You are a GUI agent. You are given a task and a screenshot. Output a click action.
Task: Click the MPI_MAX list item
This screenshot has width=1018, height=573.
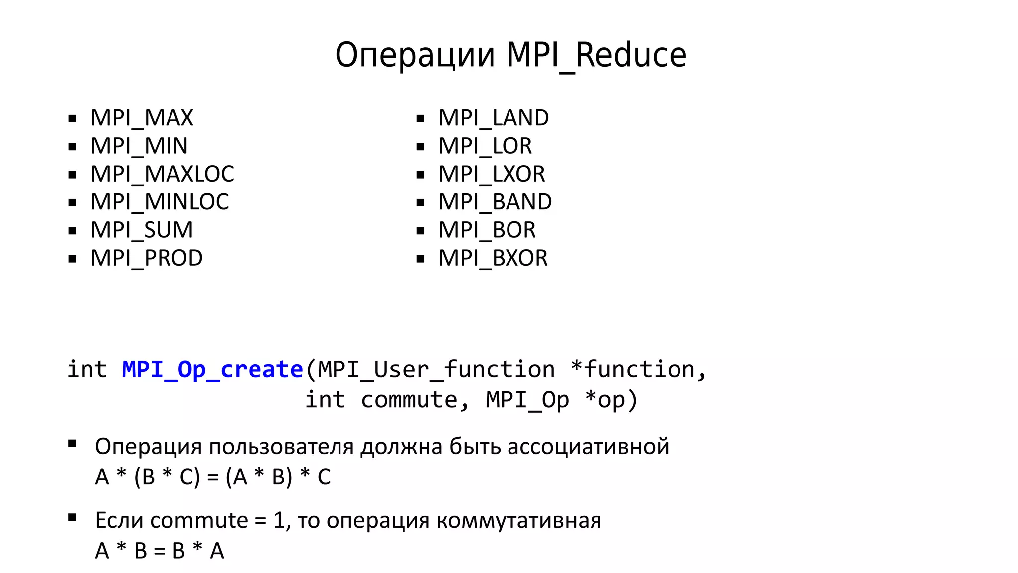pyautogui.click(x=142, y=118)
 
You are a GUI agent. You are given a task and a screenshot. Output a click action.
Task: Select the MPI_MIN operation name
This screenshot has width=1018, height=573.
pyautogui.click(x=139, y=146)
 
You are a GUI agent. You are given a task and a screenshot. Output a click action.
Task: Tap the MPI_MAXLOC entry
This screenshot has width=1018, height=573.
pyautogui.click(x=162, y=174)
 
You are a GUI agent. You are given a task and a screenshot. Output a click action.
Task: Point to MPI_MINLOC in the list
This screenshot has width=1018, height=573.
pyautogui.click(x=160, y=202)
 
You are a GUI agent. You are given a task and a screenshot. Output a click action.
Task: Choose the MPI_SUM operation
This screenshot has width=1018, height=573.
pyautogui.click(x=142, y=230)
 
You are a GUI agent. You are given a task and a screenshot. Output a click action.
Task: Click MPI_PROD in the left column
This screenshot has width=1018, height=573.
pyautogui.click(x=147, y=258)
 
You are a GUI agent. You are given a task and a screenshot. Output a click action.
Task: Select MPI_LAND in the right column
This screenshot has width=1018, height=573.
pyautogui.click(x=494, y=118)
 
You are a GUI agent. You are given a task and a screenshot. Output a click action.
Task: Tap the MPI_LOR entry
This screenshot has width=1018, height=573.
pyautogui.click(x=485, y=146)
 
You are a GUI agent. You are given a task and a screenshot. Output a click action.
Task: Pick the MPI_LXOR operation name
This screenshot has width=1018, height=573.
pyautogui.click(x=492, y=174)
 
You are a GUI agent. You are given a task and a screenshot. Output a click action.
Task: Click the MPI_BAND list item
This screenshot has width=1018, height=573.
pyautogui.click(x=495, y=202)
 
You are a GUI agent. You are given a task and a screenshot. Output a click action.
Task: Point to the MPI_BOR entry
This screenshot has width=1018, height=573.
pyautogui.click(x=487, y=230)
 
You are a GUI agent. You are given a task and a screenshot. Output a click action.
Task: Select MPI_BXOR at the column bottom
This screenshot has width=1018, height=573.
pyautogui.click(x=493, y=258)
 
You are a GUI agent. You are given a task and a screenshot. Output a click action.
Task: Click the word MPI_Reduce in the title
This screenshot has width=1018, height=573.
pyautogui.click(x=596, y=55)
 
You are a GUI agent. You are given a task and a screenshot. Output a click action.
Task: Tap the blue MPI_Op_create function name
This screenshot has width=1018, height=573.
pyautogui.click(x=213, y=370)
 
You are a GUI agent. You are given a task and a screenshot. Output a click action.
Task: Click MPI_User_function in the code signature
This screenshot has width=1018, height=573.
pyautogui.click(x=436, y=370)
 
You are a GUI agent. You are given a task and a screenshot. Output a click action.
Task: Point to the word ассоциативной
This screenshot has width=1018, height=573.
pyautogui.click(x=588, y=446)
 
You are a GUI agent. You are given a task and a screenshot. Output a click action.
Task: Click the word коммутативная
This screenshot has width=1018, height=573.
pyautogui.click(x=519, y=520)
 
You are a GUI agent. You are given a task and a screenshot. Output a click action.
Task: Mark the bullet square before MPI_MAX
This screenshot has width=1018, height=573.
pyautogui.click(x=73, y=119)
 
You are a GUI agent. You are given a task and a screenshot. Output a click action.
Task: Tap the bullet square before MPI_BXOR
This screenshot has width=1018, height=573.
pyautogui.click(x=421, y=259)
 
